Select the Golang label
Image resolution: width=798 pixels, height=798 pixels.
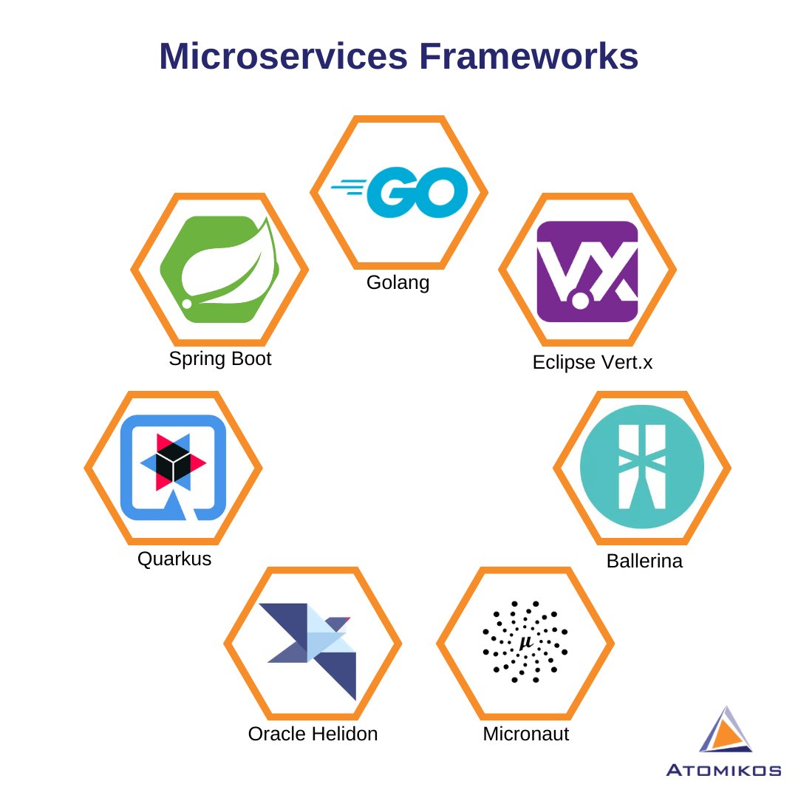click(x=398, y=283)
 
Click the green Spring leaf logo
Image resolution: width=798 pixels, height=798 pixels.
click(x=220, y=270)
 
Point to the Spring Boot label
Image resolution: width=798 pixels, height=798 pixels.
click(x=220, y=359)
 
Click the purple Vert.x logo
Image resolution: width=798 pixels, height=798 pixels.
click(x=587, y=271)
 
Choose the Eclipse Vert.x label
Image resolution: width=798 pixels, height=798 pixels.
click(x=593, y=363)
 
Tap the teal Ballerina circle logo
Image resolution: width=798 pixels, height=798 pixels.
click(x=642, y=467)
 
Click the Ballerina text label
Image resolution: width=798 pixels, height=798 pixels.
click(x=644, y=561)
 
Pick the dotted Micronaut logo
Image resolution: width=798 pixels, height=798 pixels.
click(x=525, y=641)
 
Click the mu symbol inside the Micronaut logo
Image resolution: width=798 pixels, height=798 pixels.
click(x=525, y=643)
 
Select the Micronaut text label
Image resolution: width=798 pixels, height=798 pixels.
click(x=526, y=734)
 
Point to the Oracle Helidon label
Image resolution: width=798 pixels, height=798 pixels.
click(x=313, y=734)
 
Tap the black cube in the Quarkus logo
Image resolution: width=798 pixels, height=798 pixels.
click(x=173, y=463)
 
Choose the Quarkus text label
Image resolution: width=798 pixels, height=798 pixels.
click(x=174, y=559)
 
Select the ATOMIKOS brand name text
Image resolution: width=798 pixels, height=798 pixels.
click(x=723, y=771)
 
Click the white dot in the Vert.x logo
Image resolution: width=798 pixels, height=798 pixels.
click(x=581, y=301)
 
